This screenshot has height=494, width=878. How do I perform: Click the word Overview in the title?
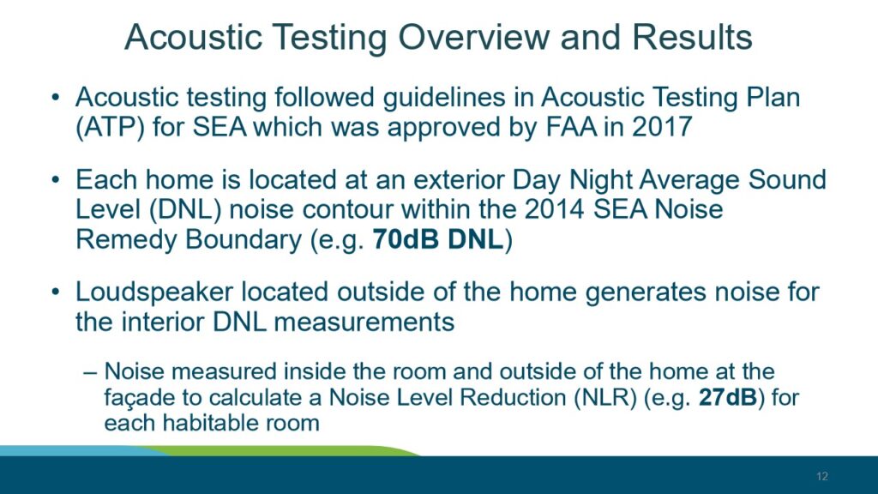point(473,37)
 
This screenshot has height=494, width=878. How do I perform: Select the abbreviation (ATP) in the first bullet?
point(110,127)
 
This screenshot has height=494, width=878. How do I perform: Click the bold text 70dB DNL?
point(438,239)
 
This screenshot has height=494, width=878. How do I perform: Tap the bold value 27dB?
point(728,397)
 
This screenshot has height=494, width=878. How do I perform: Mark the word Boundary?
point(244,240)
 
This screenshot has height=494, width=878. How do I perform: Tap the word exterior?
point(452,180)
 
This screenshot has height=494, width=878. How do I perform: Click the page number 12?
point(822,476)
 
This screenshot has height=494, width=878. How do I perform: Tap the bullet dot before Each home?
point(55,180)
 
